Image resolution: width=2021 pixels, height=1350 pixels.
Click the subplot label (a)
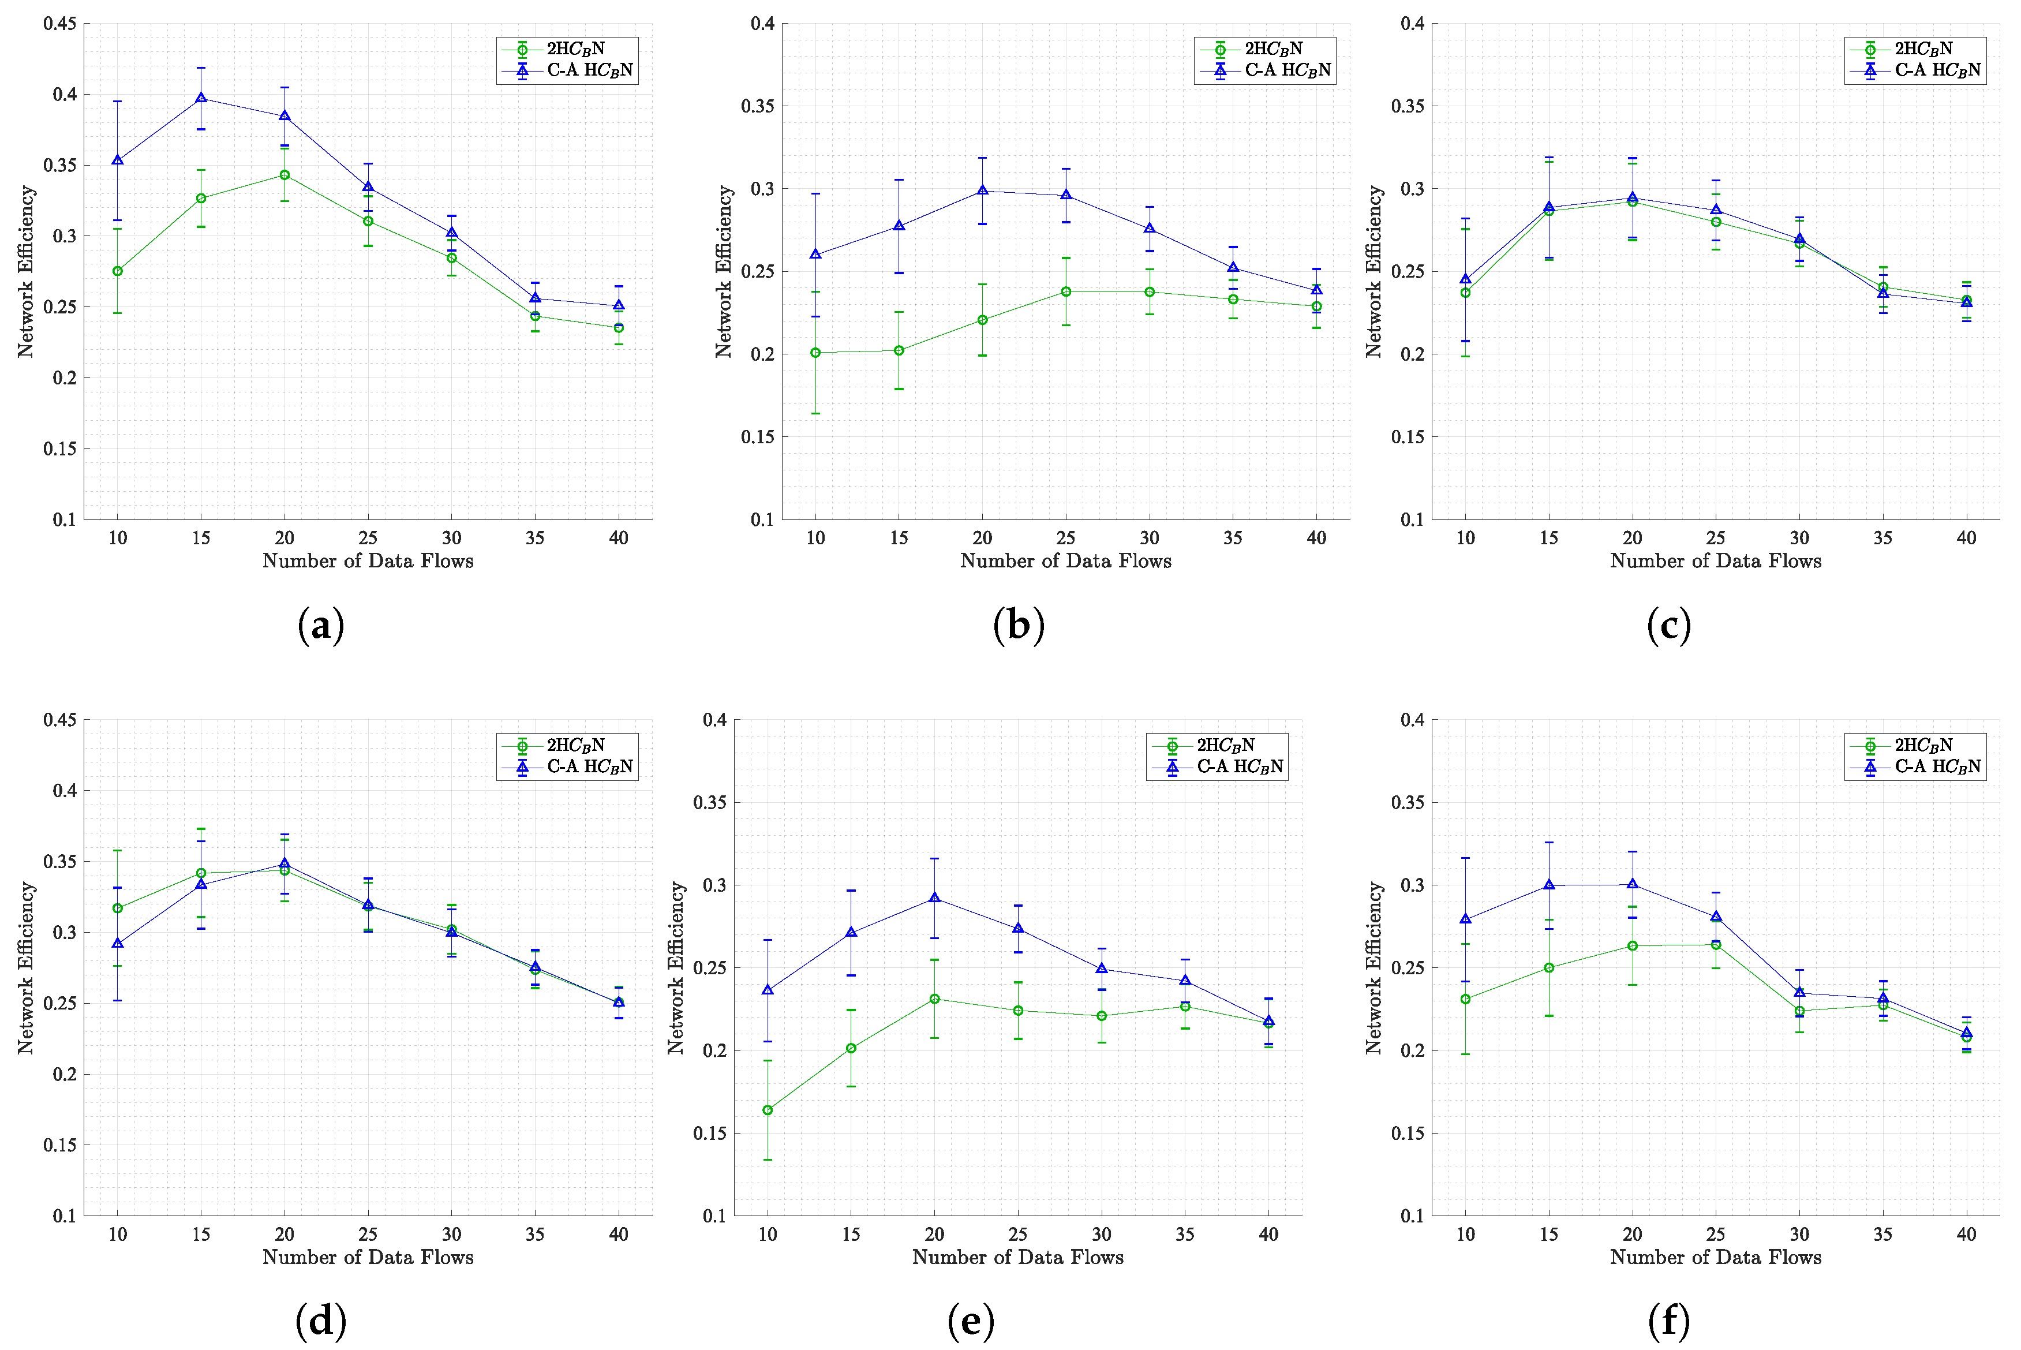[320, 625]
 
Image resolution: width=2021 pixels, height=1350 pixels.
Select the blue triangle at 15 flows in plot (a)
[201, 98]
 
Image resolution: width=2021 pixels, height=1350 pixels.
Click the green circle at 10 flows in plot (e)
[767, 1110]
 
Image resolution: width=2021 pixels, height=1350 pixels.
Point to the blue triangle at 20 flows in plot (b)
[982, 191]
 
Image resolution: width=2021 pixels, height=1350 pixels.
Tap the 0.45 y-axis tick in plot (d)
[60, 720]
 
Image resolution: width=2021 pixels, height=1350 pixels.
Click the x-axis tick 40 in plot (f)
[1966, 1234]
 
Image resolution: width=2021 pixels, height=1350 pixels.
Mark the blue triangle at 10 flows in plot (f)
[1465, 919]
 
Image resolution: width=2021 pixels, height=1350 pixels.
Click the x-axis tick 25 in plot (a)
[368, 538]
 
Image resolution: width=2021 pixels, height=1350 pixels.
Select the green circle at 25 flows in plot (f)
[1716, 944]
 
